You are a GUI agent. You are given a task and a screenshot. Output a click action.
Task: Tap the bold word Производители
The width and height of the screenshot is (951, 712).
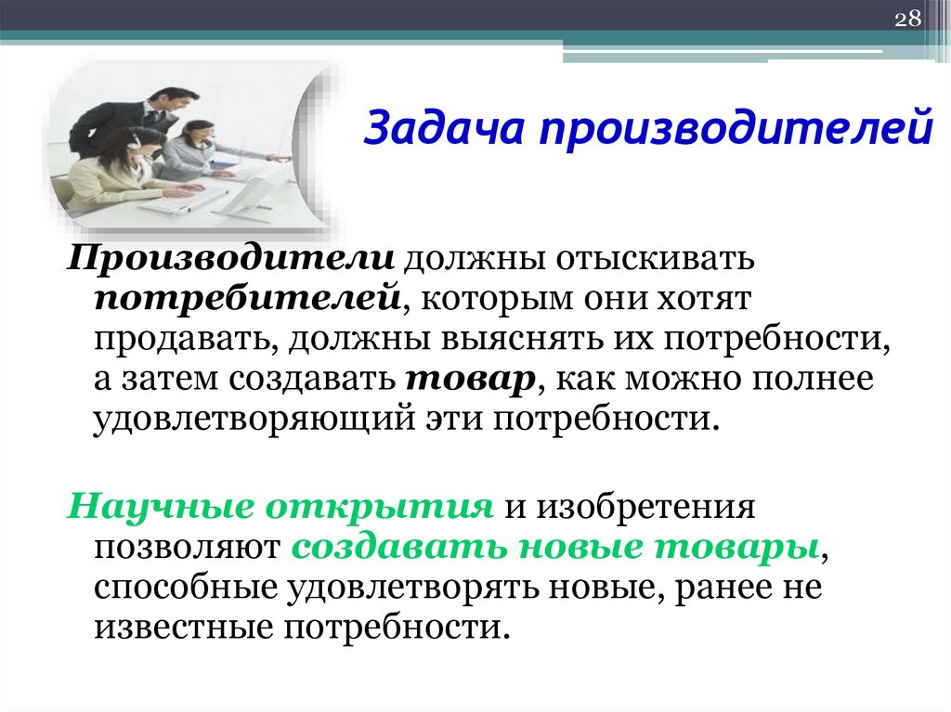tap(231, 259)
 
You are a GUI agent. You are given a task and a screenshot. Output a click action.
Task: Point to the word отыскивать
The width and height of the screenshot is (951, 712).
tap(654, 259)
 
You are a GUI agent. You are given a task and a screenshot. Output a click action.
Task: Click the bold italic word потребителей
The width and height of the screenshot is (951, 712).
tap(247, 299)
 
